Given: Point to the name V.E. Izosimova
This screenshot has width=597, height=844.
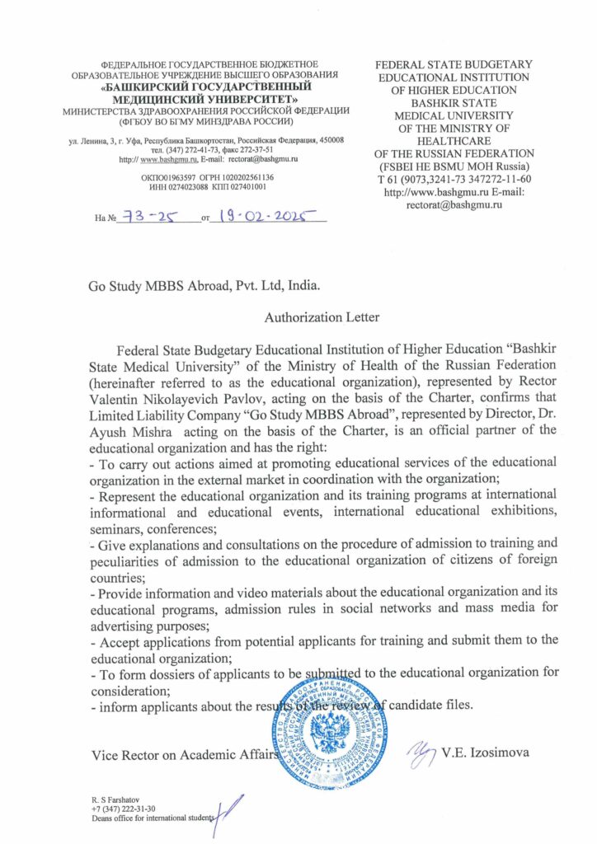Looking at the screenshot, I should point(483,753).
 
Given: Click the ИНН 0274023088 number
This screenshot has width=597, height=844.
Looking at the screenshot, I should point(176,187).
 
